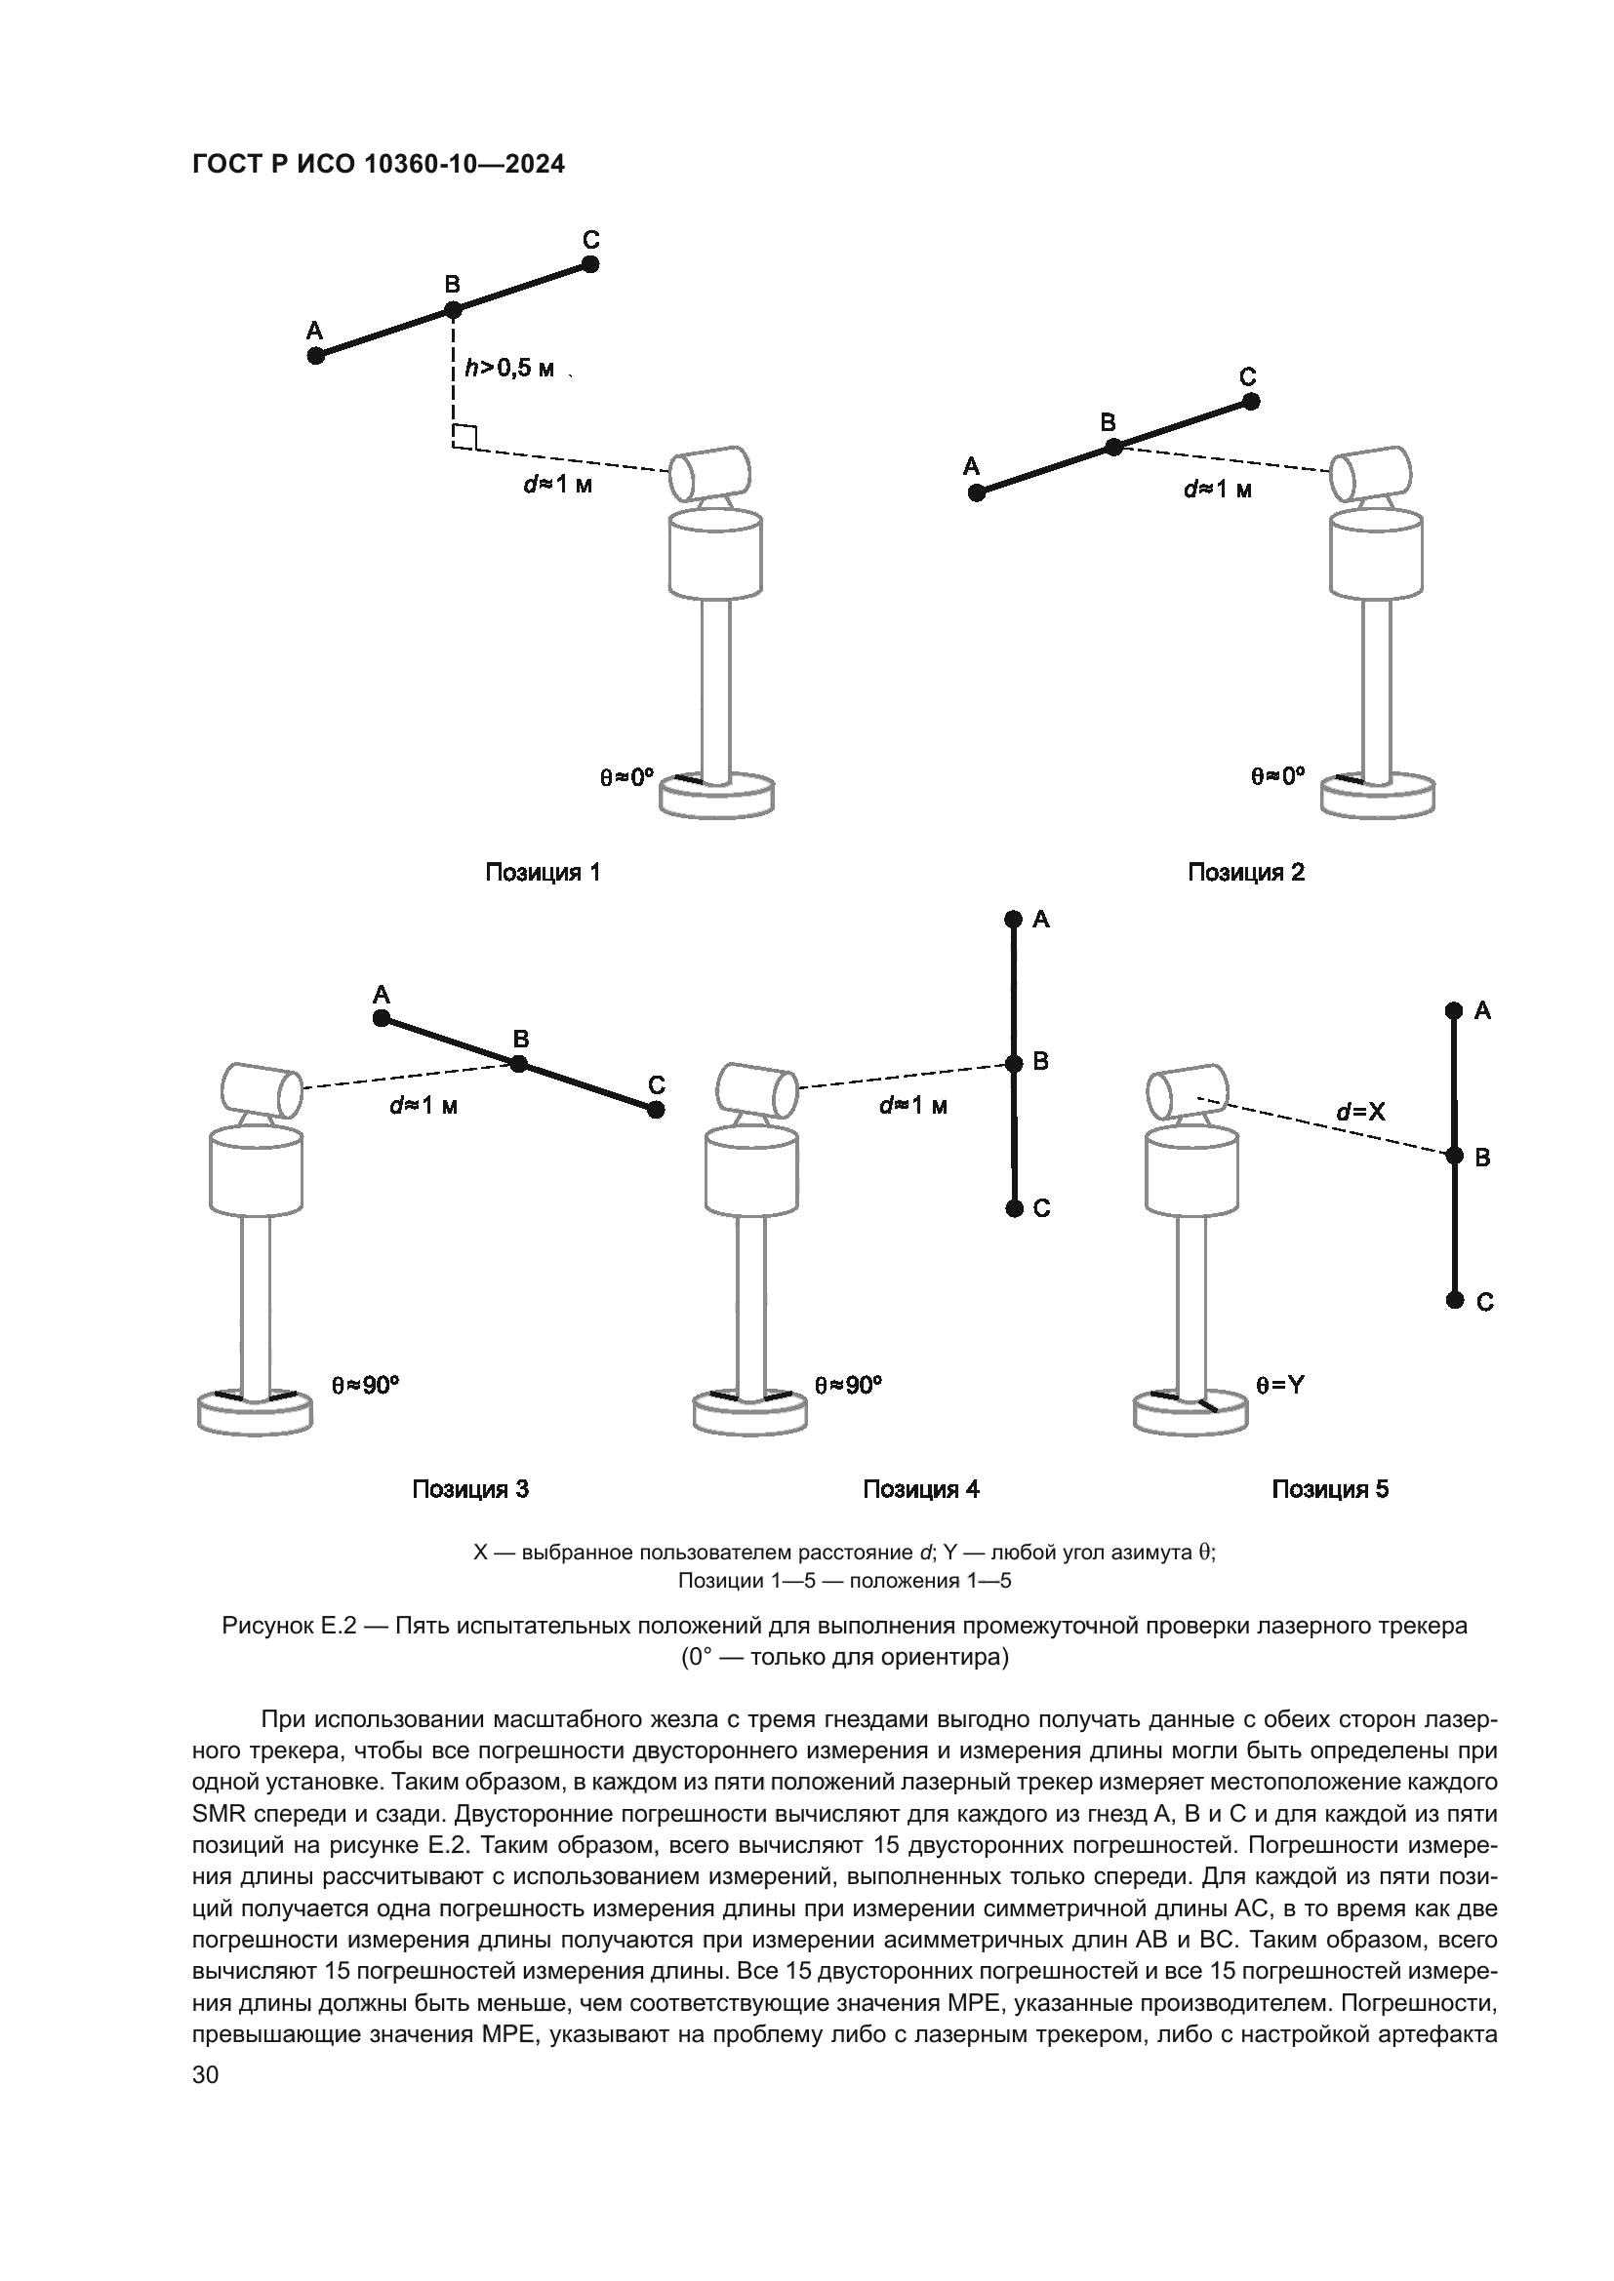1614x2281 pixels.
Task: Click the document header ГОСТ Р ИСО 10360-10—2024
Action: click(378, 165)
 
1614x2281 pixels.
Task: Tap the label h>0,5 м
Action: click(508, 369)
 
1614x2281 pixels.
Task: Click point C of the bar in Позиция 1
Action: click(590, 264)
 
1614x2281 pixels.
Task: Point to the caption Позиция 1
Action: click(543, 872)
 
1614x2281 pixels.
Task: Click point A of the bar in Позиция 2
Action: click(977, 492)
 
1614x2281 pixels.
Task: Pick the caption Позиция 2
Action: click(1246, 872)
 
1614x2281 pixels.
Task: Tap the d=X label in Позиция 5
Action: click(1360, 1112)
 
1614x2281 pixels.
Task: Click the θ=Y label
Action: click(1280, 1385)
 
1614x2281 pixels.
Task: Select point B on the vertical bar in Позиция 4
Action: click(1014, 1064)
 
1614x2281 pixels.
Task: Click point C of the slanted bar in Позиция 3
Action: click(656, 1110)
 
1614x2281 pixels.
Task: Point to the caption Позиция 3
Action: click(470, 1489)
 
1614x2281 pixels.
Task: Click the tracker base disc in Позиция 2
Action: click(1378, 797)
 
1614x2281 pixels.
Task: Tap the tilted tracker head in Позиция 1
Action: click(708, 475)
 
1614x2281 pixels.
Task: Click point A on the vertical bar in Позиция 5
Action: click(1454, 1011)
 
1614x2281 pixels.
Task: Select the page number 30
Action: click(205, 2074)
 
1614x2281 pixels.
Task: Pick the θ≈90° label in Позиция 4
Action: click(848, 1385)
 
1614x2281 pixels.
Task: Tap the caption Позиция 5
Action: click(1330, 1489)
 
